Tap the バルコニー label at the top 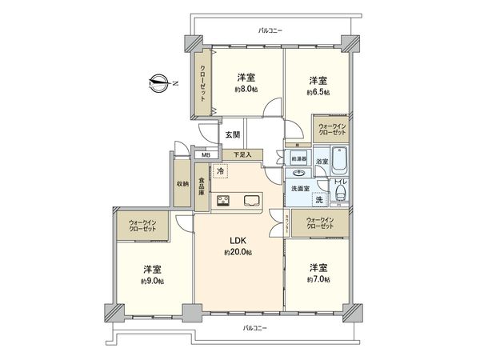pyautogui.click(x=270, y=30)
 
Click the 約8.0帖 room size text pyautogui.click(x=246, y=90)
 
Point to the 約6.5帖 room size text pyautogui.click(x=318, y=93)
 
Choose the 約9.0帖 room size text pyautogui.click(x=152, y=281)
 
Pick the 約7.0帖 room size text pyautogui.click(x=319, y=280)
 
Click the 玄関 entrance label pyautogui.click(x=232, y=134)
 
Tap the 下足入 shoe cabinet pyautogui.click(x=242, y=154)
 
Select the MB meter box pyautogui.click(x=206, y=155)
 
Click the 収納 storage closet pyautogui.click(x=183, y=183)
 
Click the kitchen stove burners pyautogui.click(x=223, y=200)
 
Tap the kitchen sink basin pyautogui.click(x=250, y=200)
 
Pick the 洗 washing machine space pyautogui.click(x=318, y=200)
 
